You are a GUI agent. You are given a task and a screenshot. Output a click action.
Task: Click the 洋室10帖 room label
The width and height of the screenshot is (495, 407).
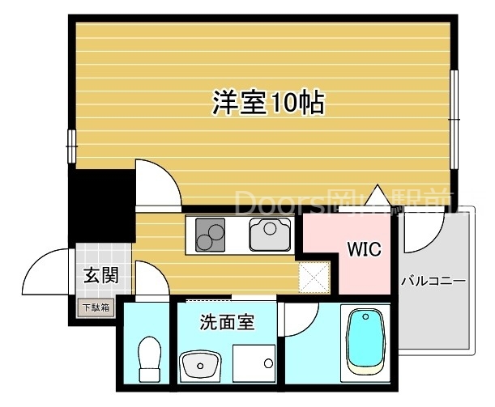pos(269,103)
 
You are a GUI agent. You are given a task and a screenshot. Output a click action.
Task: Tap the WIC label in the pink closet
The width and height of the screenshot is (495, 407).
pos(365,249)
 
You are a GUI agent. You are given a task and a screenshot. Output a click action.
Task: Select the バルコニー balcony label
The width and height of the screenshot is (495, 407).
pos(433,282)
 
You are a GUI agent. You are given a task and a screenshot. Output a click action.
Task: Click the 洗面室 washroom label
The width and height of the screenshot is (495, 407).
pos(228,322)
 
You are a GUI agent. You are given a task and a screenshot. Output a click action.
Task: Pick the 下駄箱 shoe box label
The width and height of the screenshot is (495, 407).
pos(96,307)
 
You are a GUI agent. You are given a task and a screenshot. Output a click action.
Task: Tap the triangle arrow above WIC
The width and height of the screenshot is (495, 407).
pos(376,196)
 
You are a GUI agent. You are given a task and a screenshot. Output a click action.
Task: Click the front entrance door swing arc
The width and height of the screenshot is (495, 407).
pos(45,273)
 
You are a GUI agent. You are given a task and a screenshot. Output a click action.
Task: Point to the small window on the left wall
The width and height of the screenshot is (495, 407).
pos(71,144)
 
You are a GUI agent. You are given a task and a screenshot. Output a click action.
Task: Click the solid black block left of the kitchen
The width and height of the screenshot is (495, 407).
pos(100,206)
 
